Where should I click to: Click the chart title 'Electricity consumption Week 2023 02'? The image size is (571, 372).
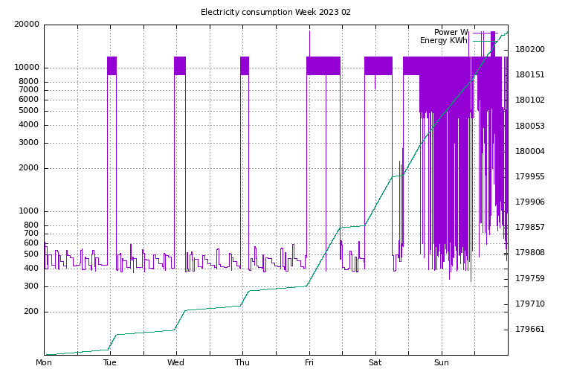pyautogui.click(x=276, y=12)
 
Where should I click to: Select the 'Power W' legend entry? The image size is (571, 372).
pyautogui.click(x=451, y=32)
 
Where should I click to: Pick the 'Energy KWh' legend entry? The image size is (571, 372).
pyautogui.click(x=444, y=40)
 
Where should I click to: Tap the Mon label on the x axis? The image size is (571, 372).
pyautogui.click(x=44, y=362)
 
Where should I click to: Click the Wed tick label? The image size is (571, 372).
pyautogui.click(x=176, y=362)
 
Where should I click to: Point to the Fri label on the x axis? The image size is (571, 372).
pyautogui.click(x=309, y=362)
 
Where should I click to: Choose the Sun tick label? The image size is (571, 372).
pyautogui.click(x=442, y=362)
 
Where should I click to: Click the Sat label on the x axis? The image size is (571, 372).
pyautogui.click(x=375, y=362)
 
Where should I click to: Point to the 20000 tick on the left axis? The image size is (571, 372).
pyautogui.click(x=27, y=25)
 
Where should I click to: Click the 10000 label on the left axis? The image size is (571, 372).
pyautogui.click(x=27, y=68)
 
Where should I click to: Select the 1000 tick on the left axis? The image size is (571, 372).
pyautogui.click(x=29, y=211)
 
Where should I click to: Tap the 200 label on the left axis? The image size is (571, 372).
pyautogui.click(x=31, y=312)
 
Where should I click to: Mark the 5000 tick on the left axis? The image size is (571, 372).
pyautogui.click(x=29, y=111)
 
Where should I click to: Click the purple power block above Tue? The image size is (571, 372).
pyautogui.click(x=112, y=65)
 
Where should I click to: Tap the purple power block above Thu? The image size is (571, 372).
pyautogui.click(x=245, y=65)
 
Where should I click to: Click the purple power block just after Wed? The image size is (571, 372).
pyautogui.click(x=180, y=65)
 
